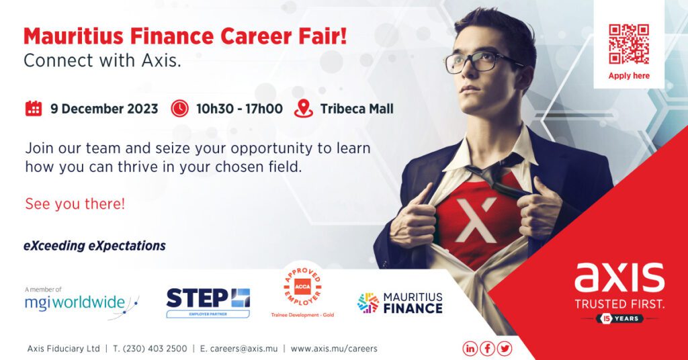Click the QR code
(x=629, y=44)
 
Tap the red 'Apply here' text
(x=629, y=76)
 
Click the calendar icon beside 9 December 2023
(x=34, y=108)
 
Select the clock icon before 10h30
(x=179, y=108)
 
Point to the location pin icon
(x=304, y=108)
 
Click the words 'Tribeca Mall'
(x=357, y=109)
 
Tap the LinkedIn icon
(x=470, y=349)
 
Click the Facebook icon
(x=487, y=349)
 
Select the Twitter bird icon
(x=505, y=349)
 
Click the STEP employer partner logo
(x=208, y=302)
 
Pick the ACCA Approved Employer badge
(x=302, y=291)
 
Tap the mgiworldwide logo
(x=81, y=302)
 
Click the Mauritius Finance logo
(x=400, y=303)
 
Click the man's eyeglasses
(x=482, y=62)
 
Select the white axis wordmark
(x=619, y=277)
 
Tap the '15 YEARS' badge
(x=619, y=319)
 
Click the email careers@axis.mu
(x=239, y=349)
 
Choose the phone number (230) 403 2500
(x=150, y=349)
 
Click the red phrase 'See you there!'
(x=75, y=204)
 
